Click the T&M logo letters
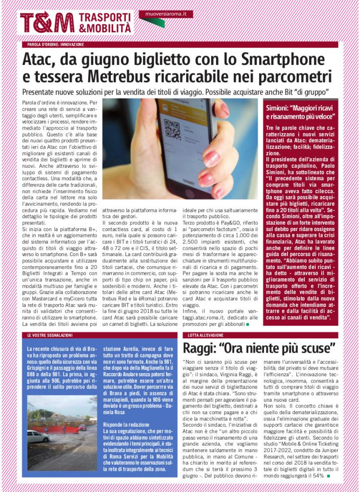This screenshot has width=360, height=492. pyautogui.click(x=47, y=23)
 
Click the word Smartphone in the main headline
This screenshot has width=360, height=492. pyautogui.click(x=288, y=60)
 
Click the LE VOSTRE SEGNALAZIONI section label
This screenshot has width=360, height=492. pyautogui.click(x=50, y=334)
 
